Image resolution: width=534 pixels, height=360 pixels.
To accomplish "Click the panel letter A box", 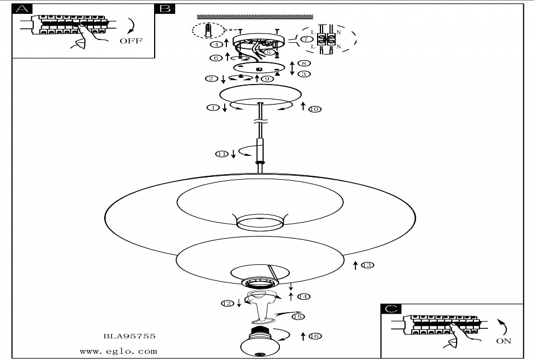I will point(22,9).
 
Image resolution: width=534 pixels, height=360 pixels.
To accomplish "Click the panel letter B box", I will point(165,9).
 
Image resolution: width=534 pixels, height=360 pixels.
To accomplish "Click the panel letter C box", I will point(392,309).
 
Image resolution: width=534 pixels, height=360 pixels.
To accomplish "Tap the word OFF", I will point(131,41).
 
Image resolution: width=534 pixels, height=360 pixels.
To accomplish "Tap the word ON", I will point(503,341).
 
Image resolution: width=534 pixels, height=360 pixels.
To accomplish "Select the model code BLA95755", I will point(130,336).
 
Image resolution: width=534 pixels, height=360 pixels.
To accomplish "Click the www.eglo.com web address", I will point(118,351).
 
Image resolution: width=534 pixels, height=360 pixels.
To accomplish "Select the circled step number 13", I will point(367,265).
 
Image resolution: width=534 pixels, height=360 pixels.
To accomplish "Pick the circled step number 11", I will point(222,154).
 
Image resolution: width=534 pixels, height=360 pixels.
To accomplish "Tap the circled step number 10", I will point(314,109).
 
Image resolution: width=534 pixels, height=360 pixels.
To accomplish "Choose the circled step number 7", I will point(306,39).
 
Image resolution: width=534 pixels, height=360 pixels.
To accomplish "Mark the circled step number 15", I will point(298,317).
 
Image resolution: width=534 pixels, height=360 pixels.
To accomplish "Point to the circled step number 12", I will point(226,303).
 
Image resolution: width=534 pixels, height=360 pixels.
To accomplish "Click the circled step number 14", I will point(303,297).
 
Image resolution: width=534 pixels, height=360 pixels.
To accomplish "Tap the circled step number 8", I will point(304,64).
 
